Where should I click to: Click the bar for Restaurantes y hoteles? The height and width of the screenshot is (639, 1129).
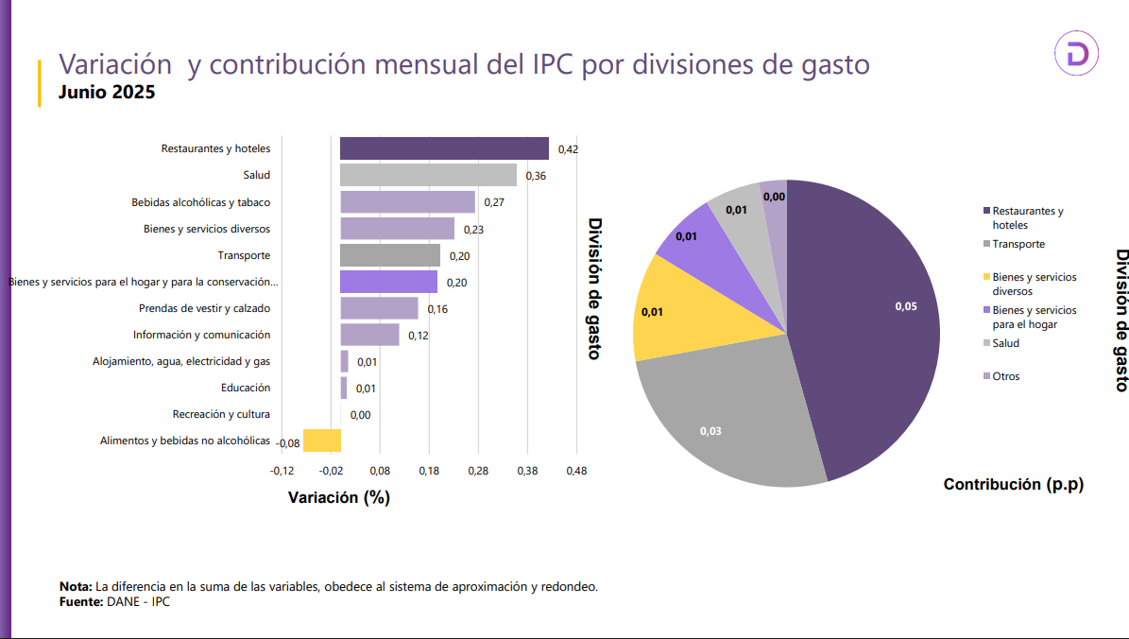(444, 148)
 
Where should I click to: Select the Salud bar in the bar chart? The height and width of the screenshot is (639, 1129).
(428, 175)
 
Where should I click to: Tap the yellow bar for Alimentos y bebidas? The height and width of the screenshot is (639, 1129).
(322, 440)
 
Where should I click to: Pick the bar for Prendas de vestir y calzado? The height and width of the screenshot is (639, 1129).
(379, 308)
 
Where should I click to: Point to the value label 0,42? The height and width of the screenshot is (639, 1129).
(568, 149)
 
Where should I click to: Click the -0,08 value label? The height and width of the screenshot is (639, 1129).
(288, 443)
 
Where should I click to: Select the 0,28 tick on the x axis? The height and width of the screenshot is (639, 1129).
(478, 471)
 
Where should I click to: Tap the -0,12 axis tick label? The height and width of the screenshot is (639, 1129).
(282, 471)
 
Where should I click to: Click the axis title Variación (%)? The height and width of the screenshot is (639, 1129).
(338, 498)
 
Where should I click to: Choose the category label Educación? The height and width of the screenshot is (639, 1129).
(246, 388)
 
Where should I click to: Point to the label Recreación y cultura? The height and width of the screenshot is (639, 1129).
(221, 414)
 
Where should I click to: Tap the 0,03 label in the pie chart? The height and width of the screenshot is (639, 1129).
(710, 431)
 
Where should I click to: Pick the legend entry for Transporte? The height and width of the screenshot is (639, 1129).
(1018, 244)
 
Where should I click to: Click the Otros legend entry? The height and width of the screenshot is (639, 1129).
(1006, 376)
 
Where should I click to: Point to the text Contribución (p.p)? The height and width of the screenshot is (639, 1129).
(1013, 485)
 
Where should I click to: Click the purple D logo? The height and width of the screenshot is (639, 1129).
(1077, 56)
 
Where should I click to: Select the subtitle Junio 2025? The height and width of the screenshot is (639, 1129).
(107, 93)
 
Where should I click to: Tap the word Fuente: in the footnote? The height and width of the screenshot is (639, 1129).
(80, 600)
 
